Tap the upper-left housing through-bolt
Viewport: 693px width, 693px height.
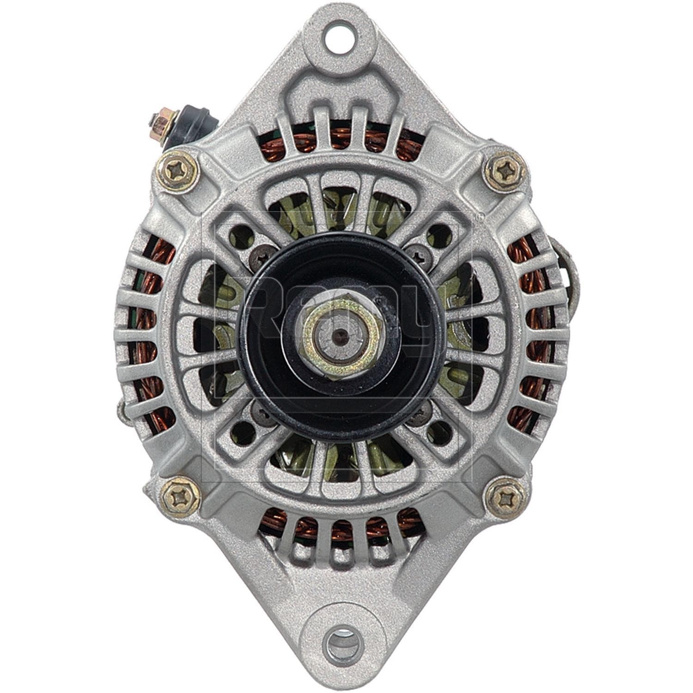point(178,172)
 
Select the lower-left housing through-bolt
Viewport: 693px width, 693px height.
point(180,498)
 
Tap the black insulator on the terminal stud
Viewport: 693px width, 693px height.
point(194,122)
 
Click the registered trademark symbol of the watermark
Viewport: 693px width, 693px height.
point(480,216)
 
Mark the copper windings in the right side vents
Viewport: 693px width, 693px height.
point(531,333)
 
